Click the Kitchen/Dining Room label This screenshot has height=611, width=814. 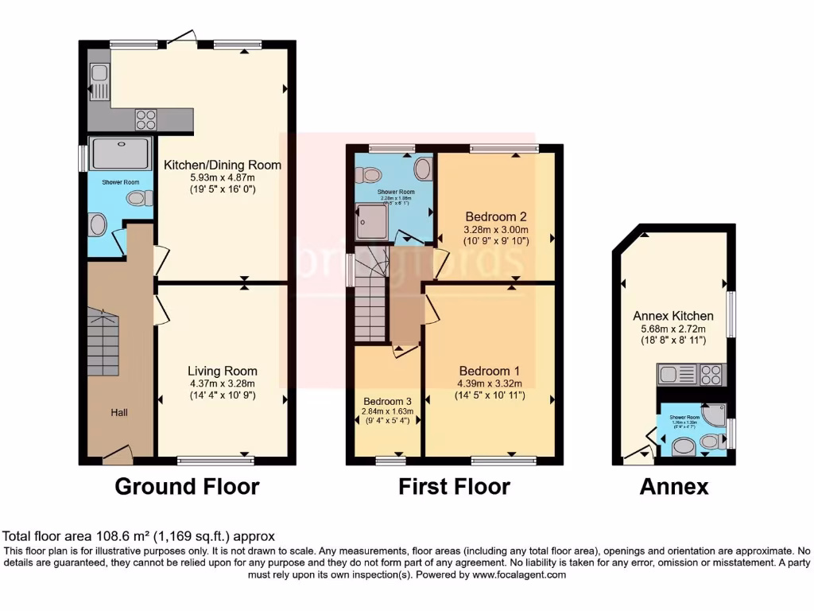coord(223,165)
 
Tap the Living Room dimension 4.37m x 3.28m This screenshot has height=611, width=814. coord(223,383)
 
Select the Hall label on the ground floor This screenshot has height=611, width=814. coord(120,412)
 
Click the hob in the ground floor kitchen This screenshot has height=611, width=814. coord(145,119)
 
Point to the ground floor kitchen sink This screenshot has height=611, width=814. coord(100,78)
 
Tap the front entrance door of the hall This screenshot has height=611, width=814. coord(118,454)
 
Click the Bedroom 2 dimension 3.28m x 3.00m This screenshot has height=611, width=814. coord(496,228)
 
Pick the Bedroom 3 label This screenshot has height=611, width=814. coord(388,401)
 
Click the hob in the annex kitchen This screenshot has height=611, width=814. coord(712,372)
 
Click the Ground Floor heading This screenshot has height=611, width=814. coord(187,486)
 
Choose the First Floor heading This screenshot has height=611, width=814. coord(454,486)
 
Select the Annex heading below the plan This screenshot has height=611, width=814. coord(673,486)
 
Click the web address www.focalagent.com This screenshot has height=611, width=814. coord(518,574)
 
